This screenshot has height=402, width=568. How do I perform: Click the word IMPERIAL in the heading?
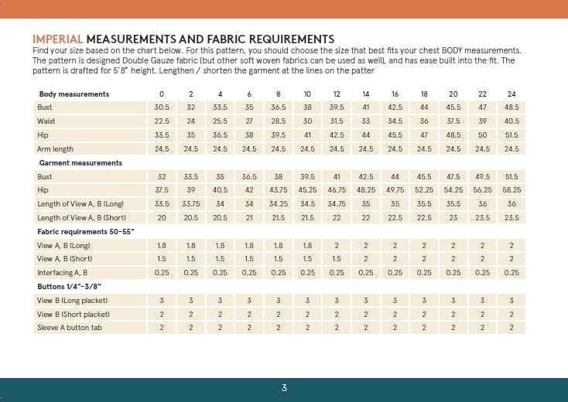58,39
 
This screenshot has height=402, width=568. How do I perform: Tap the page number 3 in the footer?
285,388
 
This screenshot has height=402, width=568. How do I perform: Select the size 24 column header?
512,94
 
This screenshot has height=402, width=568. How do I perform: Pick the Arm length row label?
56,148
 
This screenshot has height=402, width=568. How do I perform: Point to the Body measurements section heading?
74,94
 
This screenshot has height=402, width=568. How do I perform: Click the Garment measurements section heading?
80,163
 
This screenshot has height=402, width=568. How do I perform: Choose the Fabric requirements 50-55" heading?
86,231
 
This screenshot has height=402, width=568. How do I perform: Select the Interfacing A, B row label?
63,273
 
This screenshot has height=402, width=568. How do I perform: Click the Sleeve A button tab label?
70,328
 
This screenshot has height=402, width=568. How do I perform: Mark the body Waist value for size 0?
162,121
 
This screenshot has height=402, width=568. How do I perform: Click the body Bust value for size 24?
512,107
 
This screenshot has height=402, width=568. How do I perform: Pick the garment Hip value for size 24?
512,189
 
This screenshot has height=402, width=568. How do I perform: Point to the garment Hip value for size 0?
162,189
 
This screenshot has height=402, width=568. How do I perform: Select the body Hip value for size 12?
337,135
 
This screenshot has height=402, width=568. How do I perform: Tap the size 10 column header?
307,94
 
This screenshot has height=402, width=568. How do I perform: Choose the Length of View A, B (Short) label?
82,217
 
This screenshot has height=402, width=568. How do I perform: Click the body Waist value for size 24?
512,121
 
